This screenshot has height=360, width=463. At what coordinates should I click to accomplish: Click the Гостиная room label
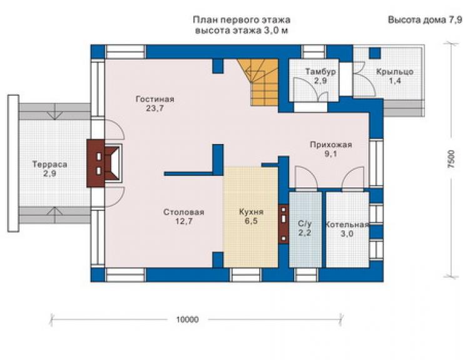point(155,99)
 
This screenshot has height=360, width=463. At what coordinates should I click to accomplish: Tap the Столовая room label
point(184,212)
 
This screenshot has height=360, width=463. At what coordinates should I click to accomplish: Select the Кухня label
point(252,212)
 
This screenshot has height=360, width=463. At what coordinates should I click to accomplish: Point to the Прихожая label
point(331,145)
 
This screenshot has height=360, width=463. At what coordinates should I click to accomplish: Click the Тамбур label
point(320,72)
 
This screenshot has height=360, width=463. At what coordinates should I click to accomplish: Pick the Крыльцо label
point(395,72)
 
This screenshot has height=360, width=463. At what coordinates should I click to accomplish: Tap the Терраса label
point(50,164)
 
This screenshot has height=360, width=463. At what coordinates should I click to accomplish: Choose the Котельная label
point(347,225)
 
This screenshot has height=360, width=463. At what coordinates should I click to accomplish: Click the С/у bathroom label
point(305,224)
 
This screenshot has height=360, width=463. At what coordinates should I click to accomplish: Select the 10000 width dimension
point(188,319)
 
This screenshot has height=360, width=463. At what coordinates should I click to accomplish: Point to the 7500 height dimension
point(450,159)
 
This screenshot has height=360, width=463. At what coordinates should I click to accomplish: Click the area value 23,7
point(155,108)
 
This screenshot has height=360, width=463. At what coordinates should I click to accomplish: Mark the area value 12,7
point(184,221)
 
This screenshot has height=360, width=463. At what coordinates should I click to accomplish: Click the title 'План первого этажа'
point(242,20)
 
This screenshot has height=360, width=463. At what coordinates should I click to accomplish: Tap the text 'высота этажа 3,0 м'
point(242,31)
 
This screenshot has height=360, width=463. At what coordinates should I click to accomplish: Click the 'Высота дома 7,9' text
point(425,20)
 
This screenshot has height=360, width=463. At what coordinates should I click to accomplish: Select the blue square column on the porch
point(375,53)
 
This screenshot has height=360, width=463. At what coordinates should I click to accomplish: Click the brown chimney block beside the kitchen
point(283,224)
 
